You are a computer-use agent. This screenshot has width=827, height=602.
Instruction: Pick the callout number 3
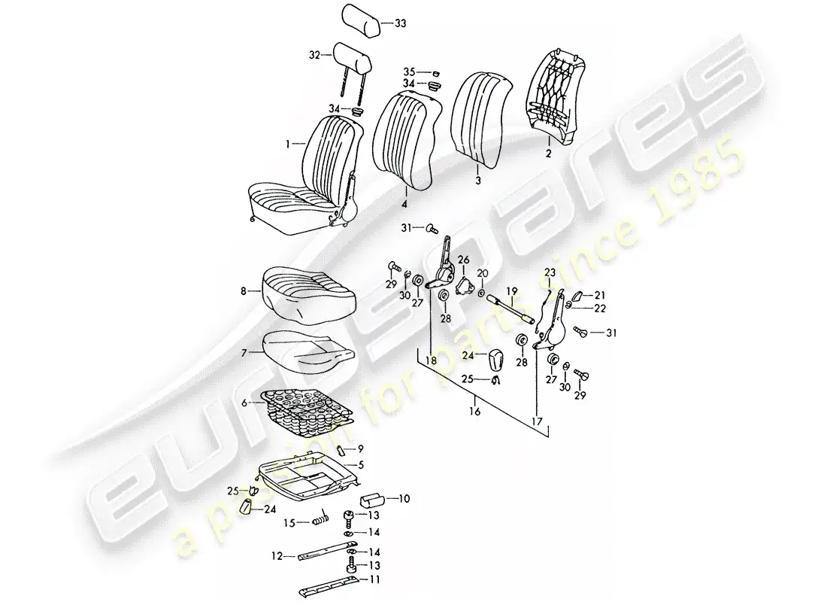coord(477,181)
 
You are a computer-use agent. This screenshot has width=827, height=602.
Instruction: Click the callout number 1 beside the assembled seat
coord(287,142)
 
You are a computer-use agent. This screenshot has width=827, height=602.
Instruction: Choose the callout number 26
coord(463,260)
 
